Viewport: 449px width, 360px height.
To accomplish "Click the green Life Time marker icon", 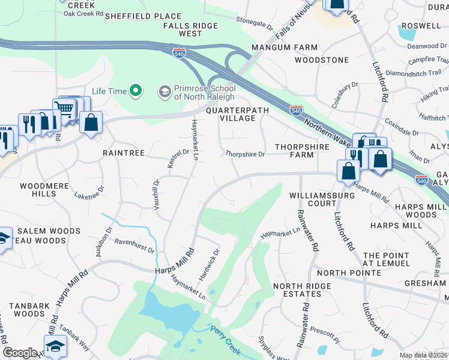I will [136, 91].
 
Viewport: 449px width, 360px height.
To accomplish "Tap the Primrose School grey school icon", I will [164, 91].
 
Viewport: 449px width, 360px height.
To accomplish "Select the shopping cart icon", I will [65, 109].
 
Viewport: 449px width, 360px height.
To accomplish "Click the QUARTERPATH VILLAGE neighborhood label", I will [231, 115].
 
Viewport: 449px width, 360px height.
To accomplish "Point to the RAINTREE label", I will [124, 153].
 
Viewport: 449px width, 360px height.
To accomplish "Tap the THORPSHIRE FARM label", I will [294, 151].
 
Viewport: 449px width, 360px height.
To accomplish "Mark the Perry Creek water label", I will [226, 338].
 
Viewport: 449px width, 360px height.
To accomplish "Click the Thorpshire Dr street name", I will [245, 154].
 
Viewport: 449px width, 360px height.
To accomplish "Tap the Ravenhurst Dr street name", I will [134, 247].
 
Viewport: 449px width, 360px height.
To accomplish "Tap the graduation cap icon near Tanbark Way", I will [55, 346].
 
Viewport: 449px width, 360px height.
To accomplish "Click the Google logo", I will [20, 353].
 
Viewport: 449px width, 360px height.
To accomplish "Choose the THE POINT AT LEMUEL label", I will [387, 259].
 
